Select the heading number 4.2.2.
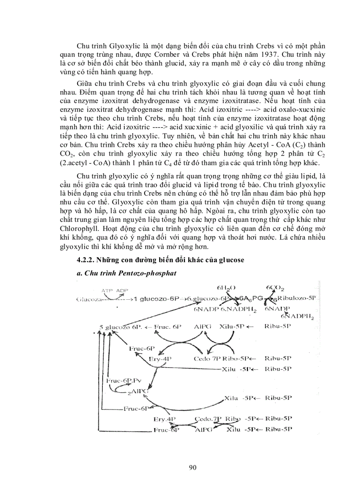[x=86, y=260]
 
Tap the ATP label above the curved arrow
[x=107, y=291]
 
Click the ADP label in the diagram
[x=122, y=291]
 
